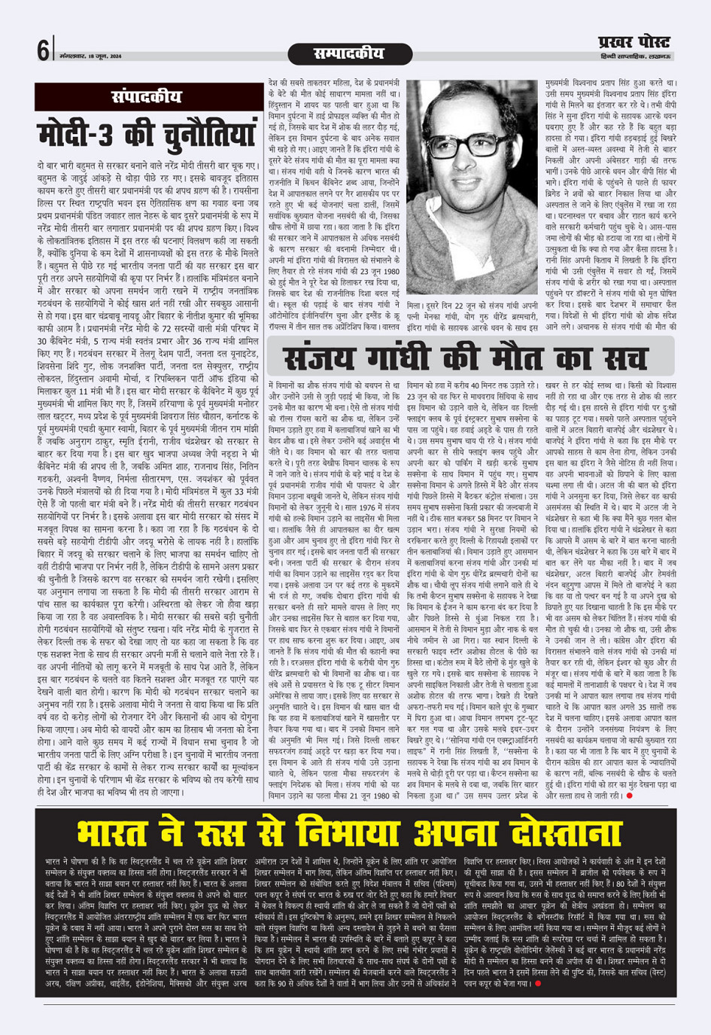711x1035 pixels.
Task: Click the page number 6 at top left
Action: [43, 51]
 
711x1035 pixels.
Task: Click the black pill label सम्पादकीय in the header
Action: [348, 54]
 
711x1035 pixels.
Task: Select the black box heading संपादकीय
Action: [147, 97]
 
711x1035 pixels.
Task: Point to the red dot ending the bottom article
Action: [538, 983]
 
